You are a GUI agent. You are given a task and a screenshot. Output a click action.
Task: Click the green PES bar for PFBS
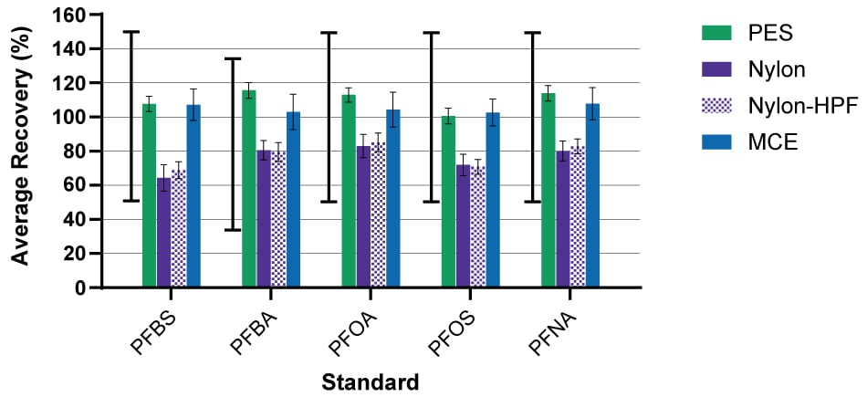149,196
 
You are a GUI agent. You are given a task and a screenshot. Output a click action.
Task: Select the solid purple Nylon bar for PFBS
163,233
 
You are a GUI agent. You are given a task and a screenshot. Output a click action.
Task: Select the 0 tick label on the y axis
80,288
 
